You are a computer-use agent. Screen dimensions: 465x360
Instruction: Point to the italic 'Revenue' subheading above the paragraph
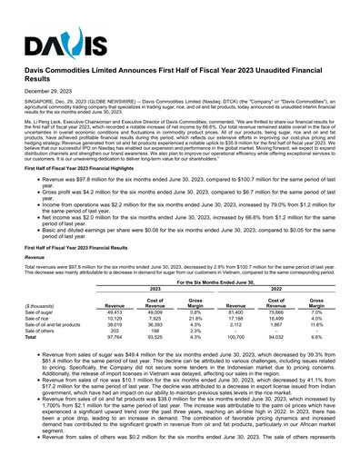[36, 257]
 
